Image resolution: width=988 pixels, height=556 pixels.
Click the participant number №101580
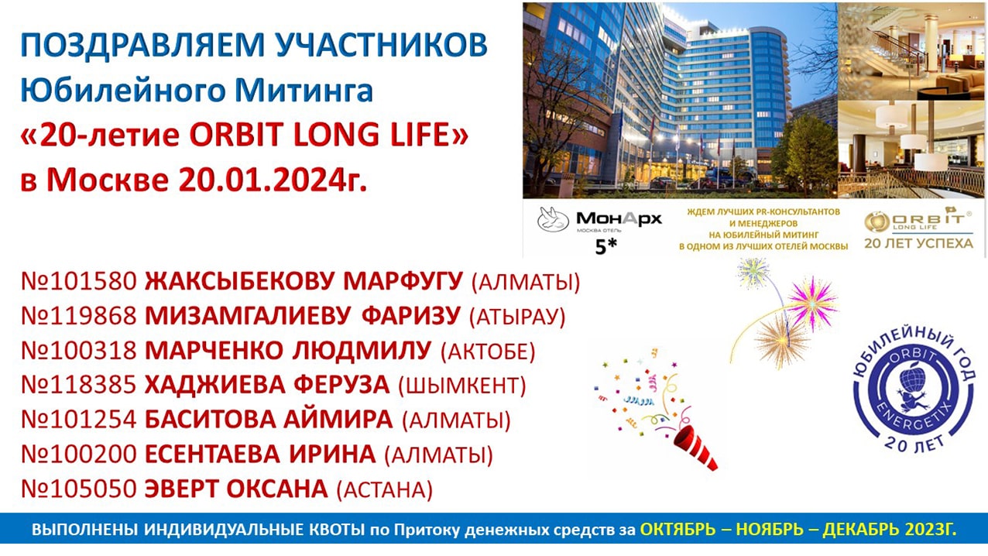(x=79, y=281)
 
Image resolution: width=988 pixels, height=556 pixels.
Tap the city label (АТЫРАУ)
(x=517, y=317)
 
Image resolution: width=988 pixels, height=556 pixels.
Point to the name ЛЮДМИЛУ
(x=362, y=351)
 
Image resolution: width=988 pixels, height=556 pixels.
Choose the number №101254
(x=79, y=420)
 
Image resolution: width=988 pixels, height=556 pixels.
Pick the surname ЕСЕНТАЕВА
(x=212, y=455)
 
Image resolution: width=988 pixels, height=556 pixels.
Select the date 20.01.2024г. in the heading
(x=273, y=180)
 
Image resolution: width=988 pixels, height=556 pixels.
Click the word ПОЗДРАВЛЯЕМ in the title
(x=142, y=45)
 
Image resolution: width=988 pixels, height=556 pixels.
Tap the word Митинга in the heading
(x=304, y=90)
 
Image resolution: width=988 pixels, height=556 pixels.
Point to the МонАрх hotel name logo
(x=619, y=218)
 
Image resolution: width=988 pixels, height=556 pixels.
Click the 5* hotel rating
(x=606, y=247)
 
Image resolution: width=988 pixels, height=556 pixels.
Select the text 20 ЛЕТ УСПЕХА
(x=918, y=244)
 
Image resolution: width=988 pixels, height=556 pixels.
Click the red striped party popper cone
(x=693, y=447)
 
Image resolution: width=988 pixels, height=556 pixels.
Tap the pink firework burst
(x=812, y=303)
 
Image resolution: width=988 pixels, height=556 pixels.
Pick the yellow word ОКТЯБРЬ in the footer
(x=678, y=529)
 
